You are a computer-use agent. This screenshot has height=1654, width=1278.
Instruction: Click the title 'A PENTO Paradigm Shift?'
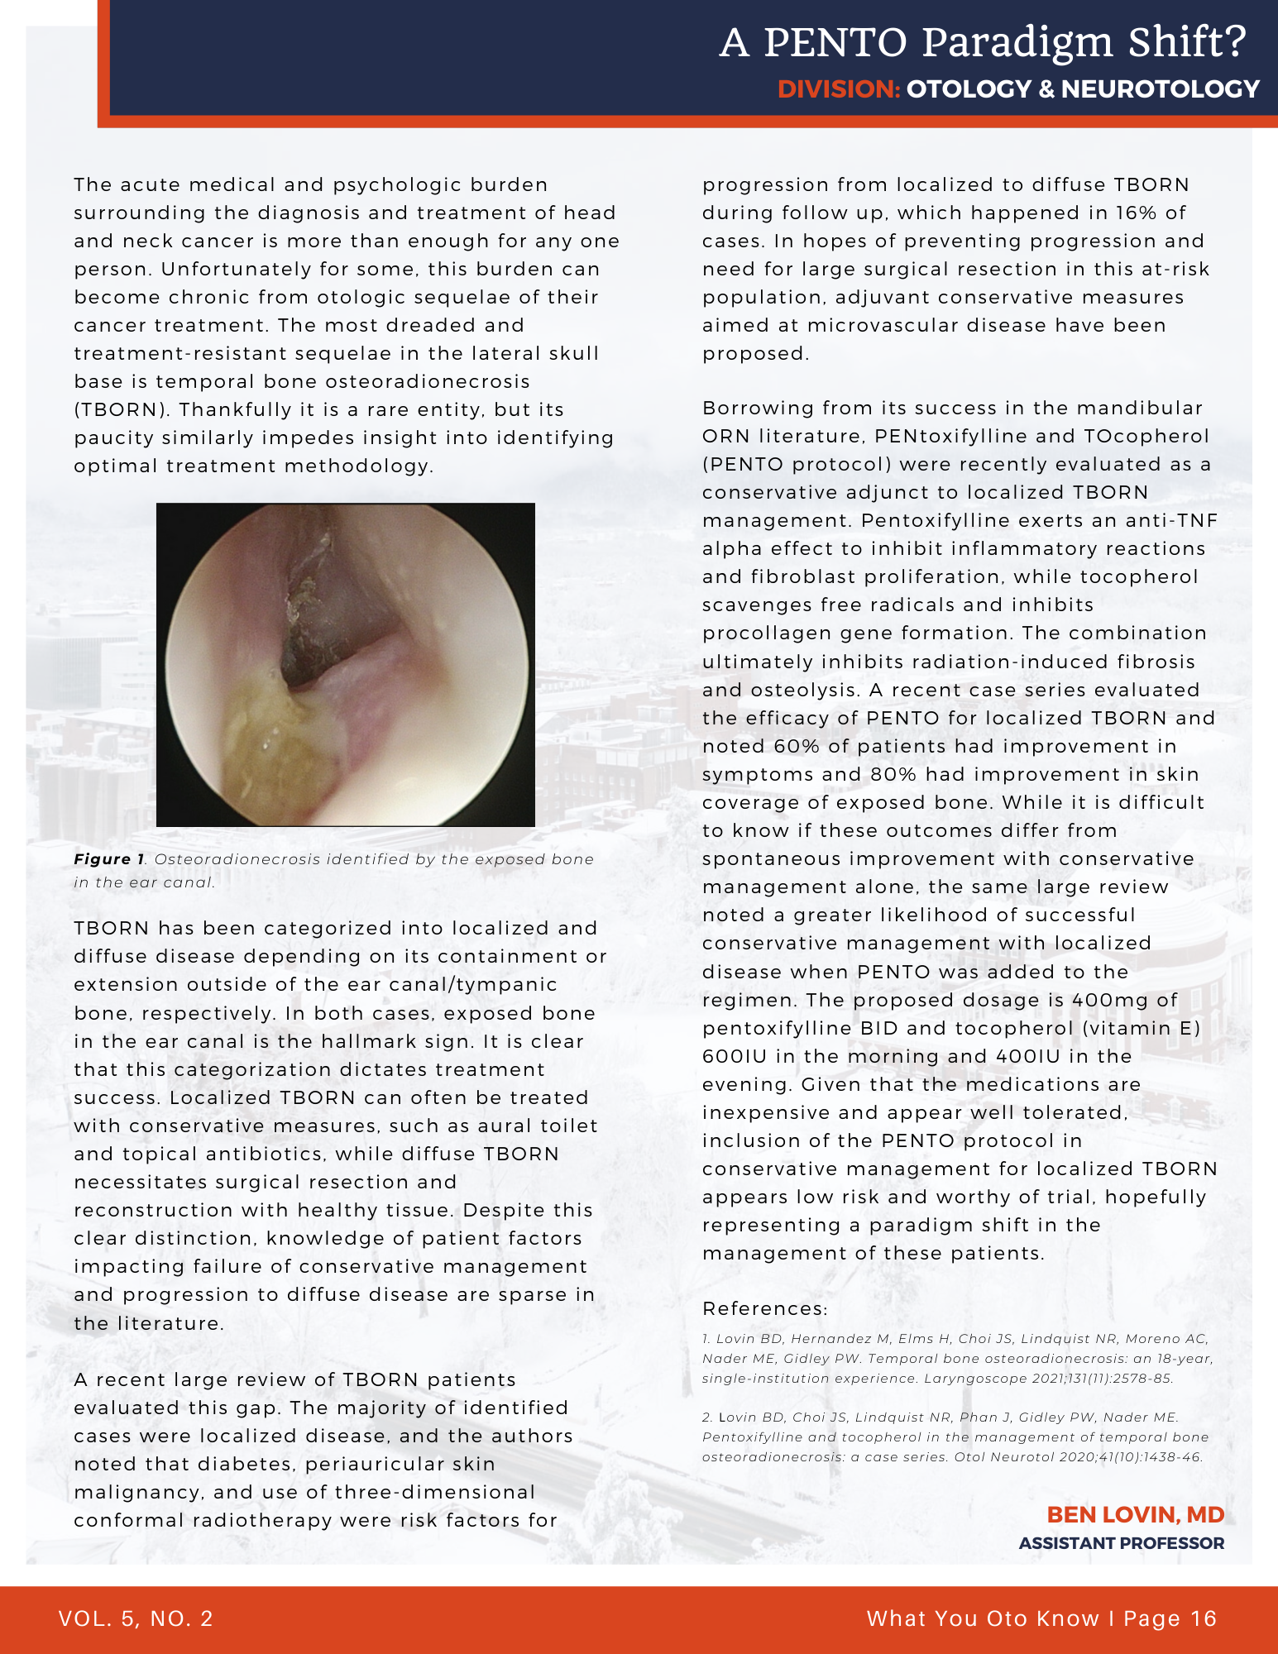983,43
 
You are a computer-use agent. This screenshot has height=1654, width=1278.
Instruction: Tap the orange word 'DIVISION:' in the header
839,89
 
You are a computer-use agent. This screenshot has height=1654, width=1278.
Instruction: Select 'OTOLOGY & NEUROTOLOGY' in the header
1083,89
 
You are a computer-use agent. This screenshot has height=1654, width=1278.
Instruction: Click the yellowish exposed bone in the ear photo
273,736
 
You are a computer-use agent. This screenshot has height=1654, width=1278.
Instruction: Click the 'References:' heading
764,1309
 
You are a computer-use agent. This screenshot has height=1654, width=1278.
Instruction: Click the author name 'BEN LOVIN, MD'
1135,1515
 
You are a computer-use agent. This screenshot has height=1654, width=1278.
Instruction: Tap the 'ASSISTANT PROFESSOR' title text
1121,1543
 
